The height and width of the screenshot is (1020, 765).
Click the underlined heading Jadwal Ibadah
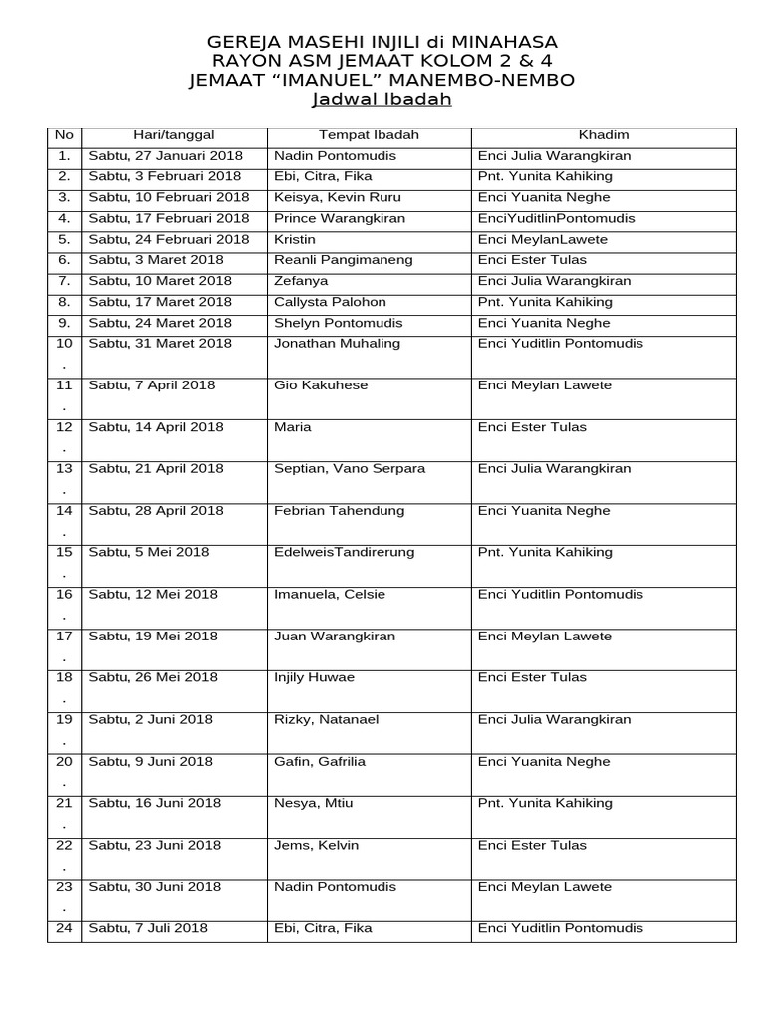[382, 100]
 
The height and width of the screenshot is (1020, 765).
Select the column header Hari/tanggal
[174, 135]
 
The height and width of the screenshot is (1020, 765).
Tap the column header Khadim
[604, 135]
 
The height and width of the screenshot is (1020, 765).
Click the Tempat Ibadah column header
[369, 135]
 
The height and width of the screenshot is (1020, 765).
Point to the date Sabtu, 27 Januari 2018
[165, 156]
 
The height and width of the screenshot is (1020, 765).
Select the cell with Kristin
[295, 239]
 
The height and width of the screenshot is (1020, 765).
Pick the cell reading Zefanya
[301, 281]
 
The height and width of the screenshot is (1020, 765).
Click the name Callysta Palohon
[330, 302]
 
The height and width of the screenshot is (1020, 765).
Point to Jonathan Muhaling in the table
[337, 344]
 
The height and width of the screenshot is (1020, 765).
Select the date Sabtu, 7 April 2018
[151, 385]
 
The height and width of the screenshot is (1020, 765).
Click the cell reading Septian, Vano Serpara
[350, 469]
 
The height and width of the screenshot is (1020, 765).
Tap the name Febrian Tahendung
[339, 511]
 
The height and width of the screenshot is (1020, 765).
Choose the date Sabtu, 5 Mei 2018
[148, 553]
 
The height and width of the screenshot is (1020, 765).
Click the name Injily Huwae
[314, 678]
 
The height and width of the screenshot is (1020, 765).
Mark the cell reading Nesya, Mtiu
[310, 803]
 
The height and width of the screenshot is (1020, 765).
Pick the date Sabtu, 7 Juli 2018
[148, 928]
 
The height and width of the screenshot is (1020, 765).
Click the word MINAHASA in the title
[504, 42]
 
